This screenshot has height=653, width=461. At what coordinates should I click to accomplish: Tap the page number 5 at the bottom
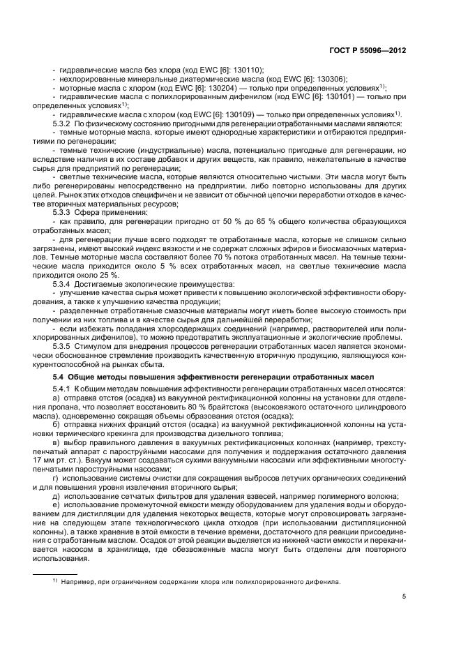coord(404,596)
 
